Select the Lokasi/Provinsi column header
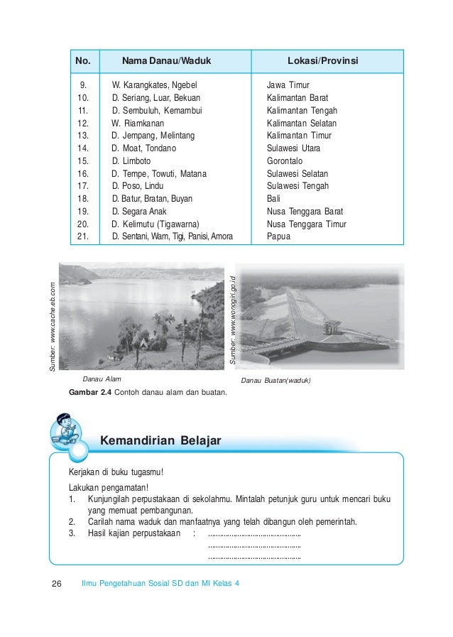click(x=322, y=61)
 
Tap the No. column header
click(x=83, y=61)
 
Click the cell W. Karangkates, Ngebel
click(x=149, y=85)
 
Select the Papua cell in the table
click(x=278, y=236)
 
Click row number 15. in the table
click(x=82, y=160)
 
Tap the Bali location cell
click(x=273, y=199)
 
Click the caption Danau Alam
click(x=102, y=381)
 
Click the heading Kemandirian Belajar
click(x=160, y=441)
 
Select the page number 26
click(x=58, y=584)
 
